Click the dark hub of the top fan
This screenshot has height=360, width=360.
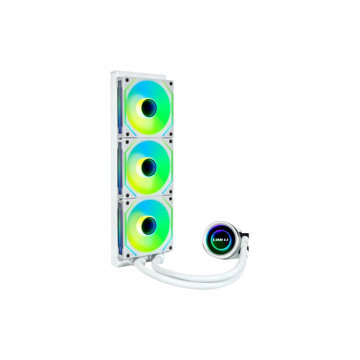(149, 108)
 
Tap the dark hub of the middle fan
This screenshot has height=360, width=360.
(149, 167)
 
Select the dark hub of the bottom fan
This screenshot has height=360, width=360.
(149, 226)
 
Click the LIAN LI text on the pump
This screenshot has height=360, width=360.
(220, 240)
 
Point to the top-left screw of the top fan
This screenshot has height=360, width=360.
(127, 80)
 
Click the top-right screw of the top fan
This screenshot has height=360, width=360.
(171, 84)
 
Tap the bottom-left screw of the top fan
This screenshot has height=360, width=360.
(128, 134)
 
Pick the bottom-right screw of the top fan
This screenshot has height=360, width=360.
(171, 134)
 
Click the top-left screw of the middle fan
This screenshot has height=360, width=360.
(127, 141)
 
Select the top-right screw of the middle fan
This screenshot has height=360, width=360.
(171, 141)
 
